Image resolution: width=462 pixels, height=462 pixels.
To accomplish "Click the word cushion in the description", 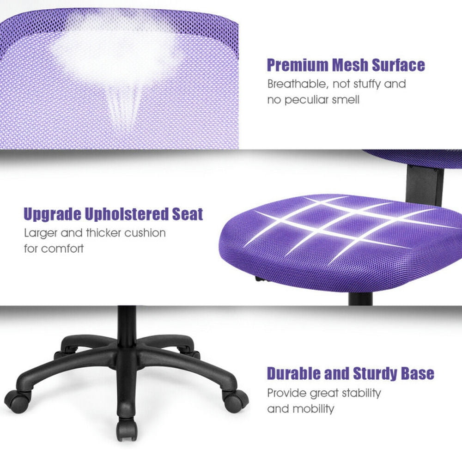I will [143, 232].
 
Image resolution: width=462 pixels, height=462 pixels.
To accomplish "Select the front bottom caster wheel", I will [126, 429].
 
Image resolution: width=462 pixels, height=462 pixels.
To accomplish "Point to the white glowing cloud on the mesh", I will [115, 51].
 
